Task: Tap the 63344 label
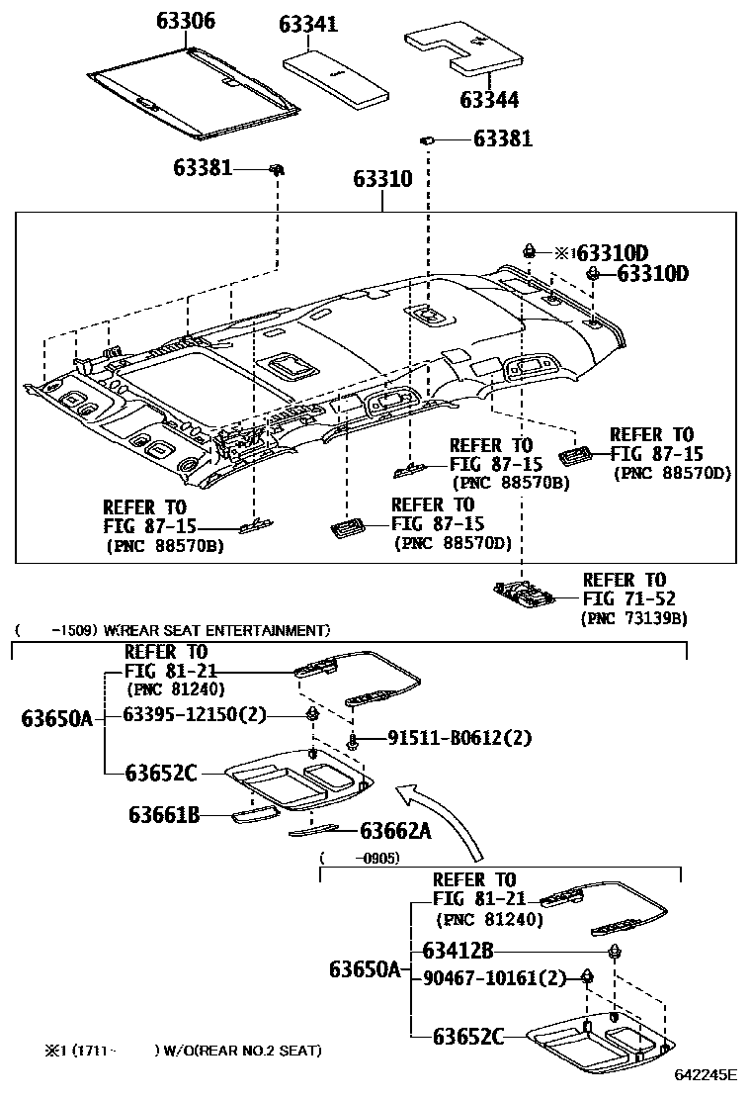click(x=489, y=100)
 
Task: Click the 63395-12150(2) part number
click(x=195, y=715)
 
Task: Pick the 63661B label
click(x=164, y=815)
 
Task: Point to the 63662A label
click(x=395, y=832)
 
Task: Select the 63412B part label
click(x=458, y=951)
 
